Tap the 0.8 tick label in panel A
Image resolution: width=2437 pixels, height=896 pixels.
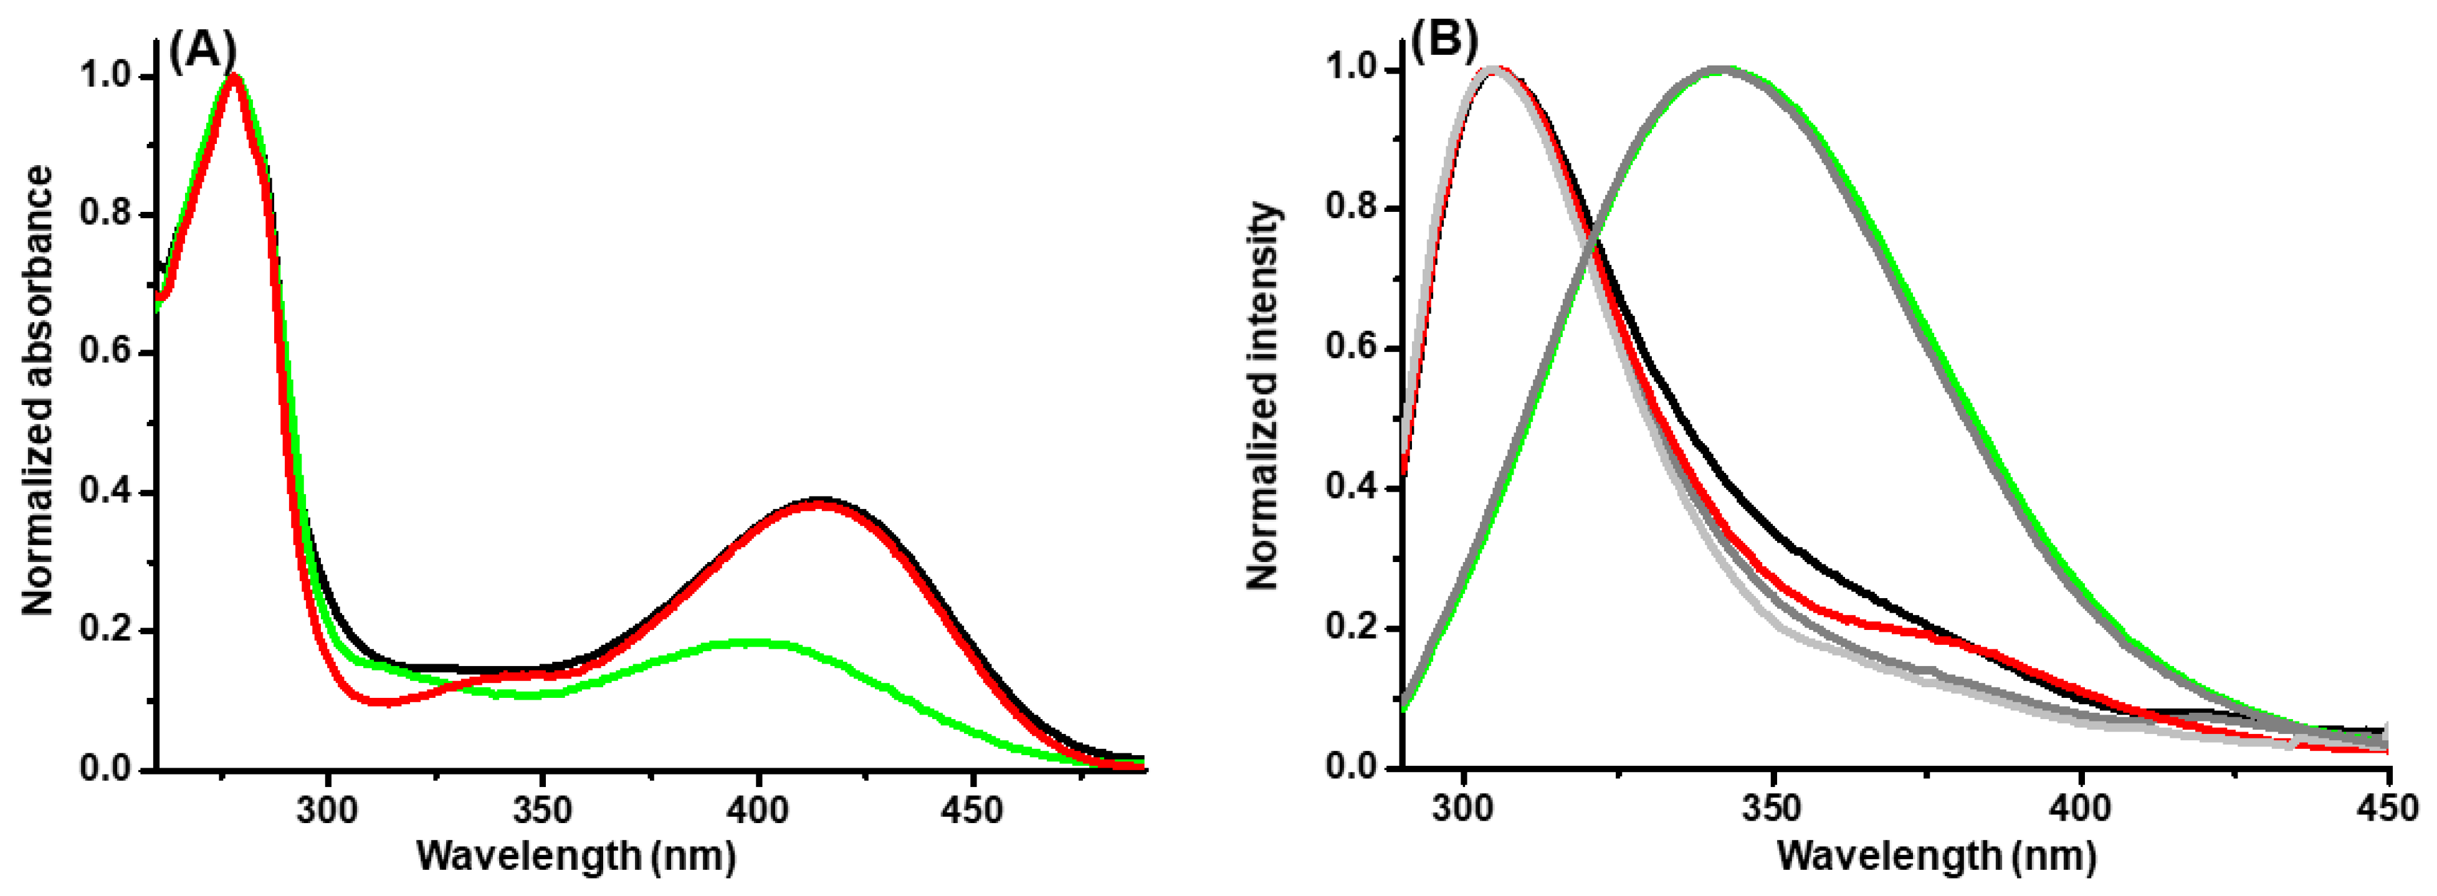[x=105, y=213]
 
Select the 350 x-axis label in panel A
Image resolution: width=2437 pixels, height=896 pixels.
[x=542, y=810]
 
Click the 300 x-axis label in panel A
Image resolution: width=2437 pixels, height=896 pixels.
[x=327, y=810]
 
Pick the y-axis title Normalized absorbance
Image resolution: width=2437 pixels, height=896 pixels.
[x=38, y=390]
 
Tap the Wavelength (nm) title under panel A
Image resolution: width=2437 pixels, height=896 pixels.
[x=576, y=856]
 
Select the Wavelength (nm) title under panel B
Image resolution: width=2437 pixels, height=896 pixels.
[x=1937, y=856]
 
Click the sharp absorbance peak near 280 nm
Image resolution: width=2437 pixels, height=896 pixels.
[x=234, y=75]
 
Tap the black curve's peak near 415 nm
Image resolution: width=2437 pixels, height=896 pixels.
[x=819, y=498]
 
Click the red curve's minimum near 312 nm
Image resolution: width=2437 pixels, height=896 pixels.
[x=379, y=702]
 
